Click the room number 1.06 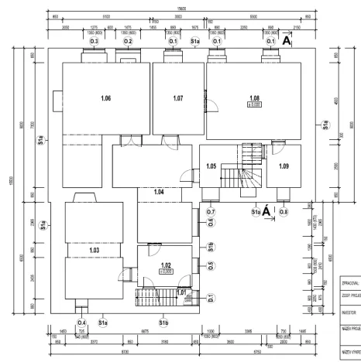pos(106,98)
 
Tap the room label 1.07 pos(177,98)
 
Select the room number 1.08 pos(253,97)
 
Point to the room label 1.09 pos(284,166)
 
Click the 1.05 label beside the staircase pos(211,166)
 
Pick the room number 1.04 pos(158,191)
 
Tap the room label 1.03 pos(95,251)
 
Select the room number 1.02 pos(165,265)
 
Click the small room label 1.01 pos(181,292)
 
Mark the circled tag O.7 pos(211,211)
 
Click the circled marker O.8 pos(284,211)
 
